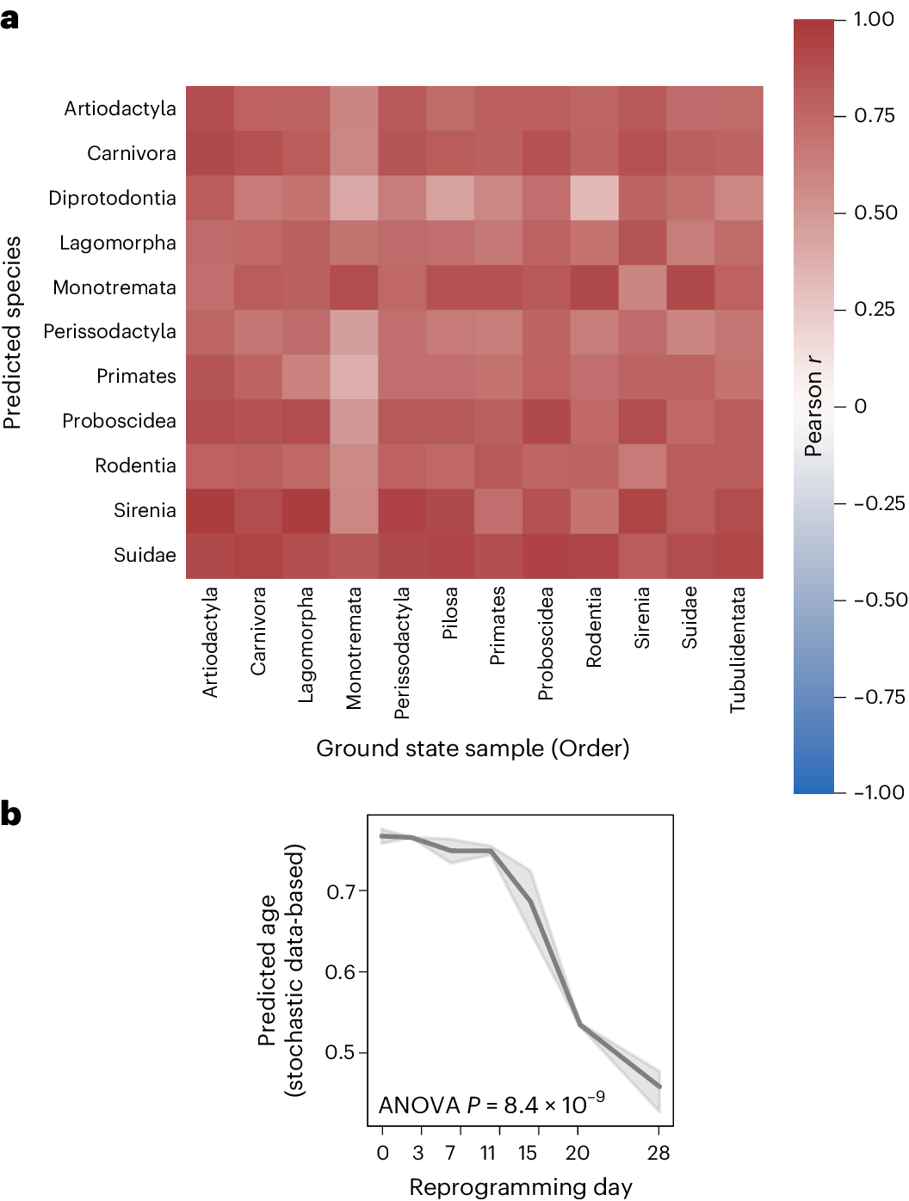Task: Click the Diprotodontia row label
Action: [112, 198]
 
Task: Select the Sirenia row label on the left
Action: [145, 510]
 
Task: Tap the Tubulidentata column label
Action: [738, 650]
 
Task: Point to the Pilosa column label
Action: [449, 613]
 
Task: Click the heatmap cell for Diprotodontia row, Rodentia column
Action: [594, 198]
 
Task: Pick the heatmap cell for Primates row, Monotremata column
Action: [354, 377]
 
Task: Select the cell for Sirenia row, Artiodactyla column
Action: [210, 511]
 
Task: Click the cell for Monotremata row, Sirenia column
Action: [642, 287]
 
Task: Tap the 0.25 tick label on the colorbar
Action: [875, 309]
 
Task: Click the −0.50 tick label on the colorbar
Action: [880, 600]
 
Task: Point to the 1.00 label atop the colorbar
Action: [874, 19]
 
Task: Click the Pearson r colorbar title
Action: [813, 405]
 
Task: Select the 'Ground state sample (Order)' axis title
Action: [473, 748]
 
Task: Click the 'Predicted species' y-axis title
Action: [12, 332]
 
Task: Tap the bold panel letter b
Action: [10, 814]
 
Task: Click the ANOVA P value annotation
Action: [492, 1104]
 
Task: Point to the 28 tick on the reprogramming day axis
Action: [659, 1153]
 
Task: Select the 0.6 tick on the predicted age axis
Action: [341, 972]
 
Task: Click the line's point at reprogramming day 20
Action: [580, 1025]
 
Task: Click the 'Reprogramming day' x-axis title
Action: [520, 1187]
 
